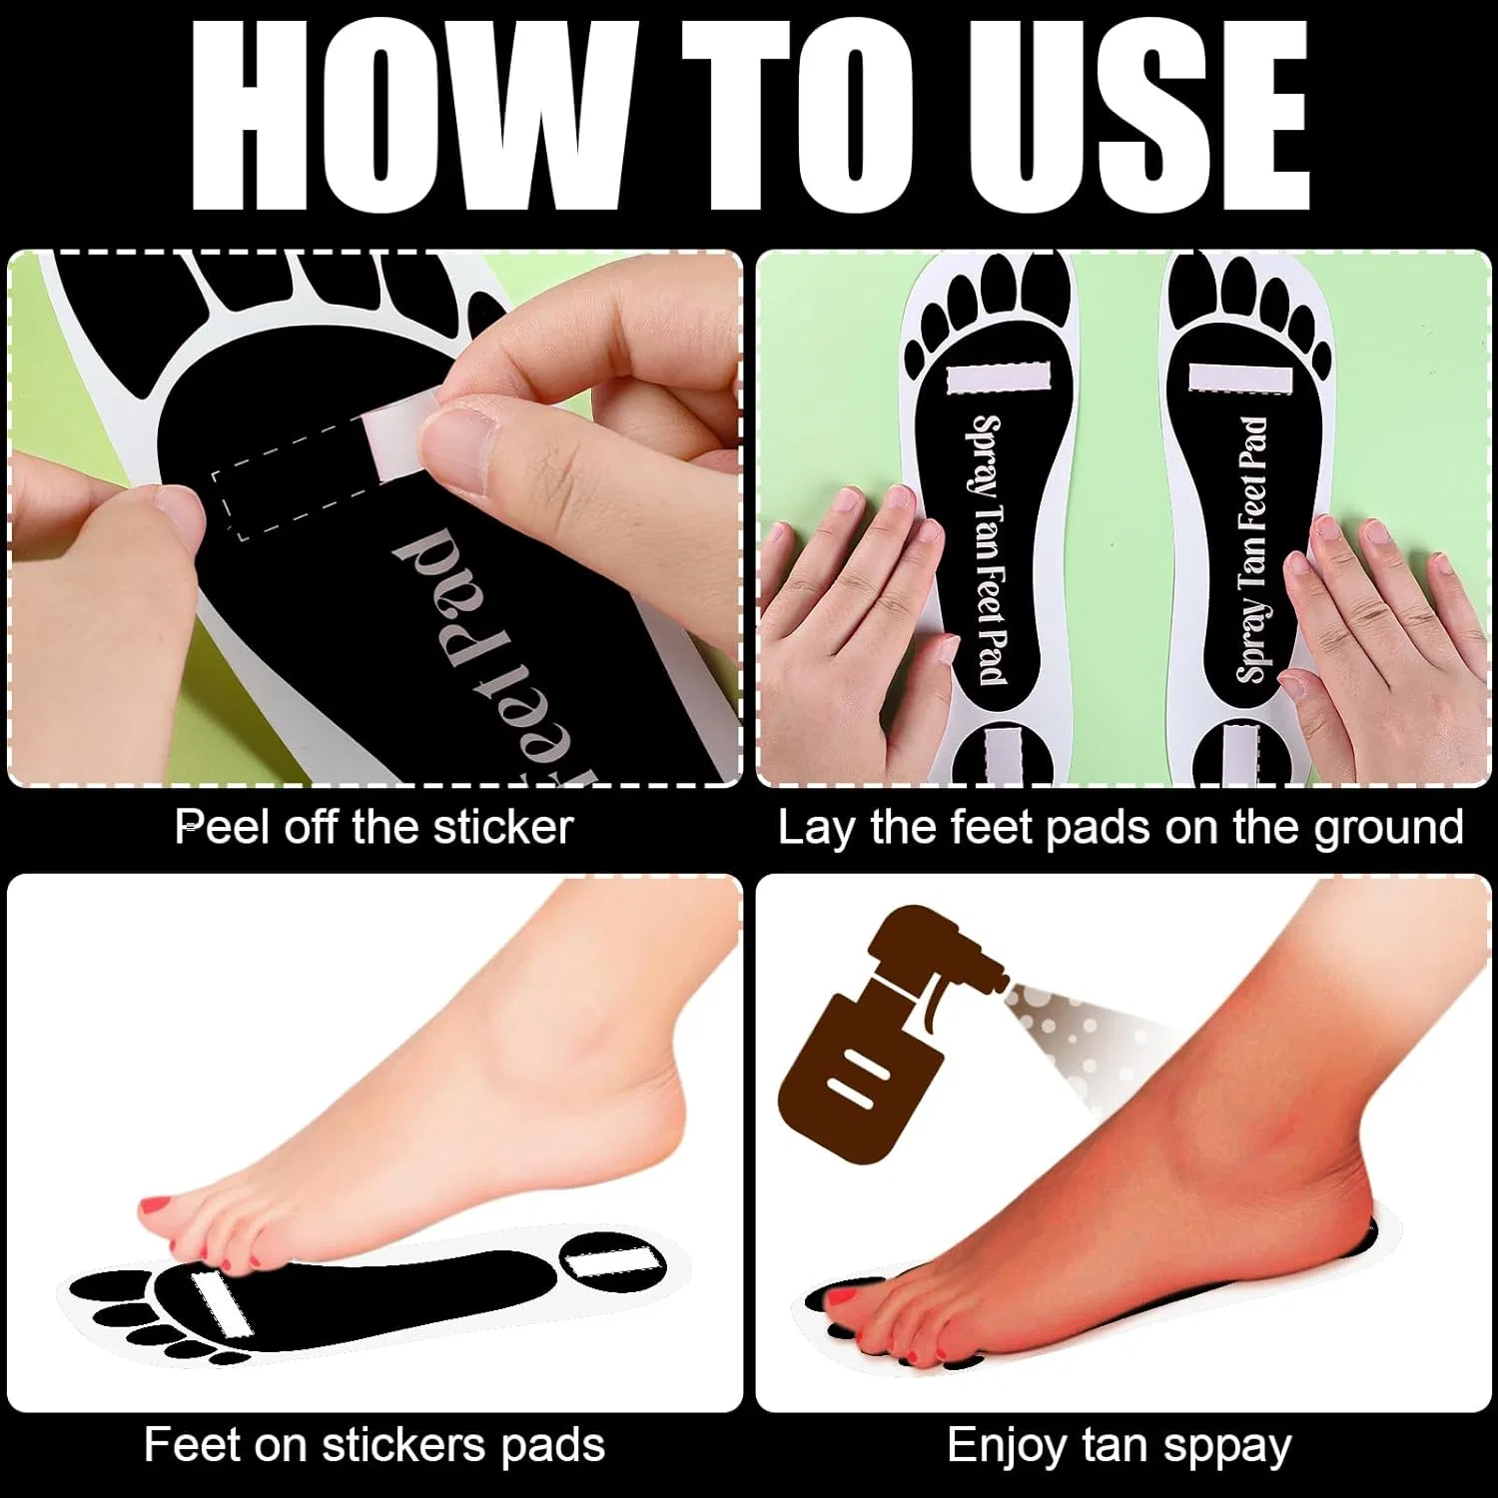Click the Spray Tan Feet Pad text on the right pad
coord(1252,549)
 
